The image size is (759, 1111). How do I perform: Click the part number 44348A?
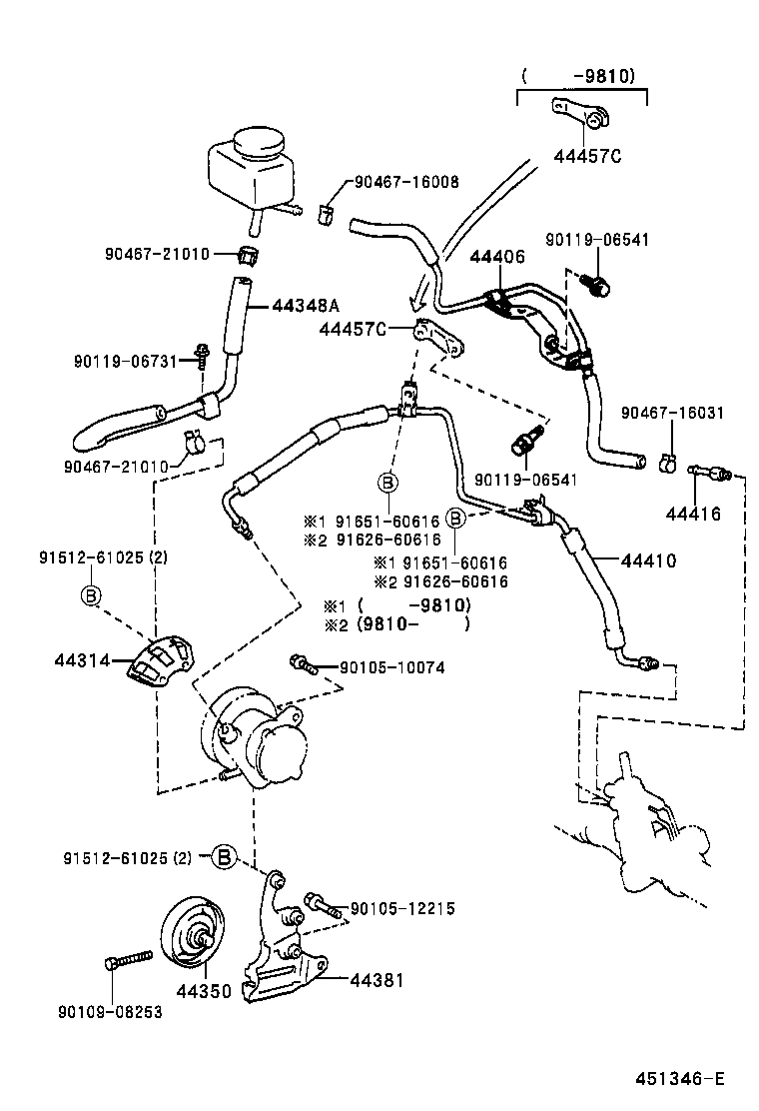[307, 307]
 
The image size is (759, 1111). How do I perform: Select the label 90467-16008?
[405, 183]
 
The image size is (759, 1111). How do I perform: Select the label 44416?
[693, 515]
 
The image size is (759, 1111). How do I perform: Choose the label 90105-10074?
[391, 667]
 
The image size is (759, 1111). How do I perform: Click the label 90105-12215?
[401, 909]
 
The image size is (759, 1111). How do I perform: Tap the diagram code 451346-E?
[680, 1079]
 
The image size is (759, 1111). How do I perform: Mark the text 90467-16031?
[671, 413]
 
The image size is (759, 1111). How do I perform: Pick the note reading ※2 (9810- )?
[396, 625]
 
